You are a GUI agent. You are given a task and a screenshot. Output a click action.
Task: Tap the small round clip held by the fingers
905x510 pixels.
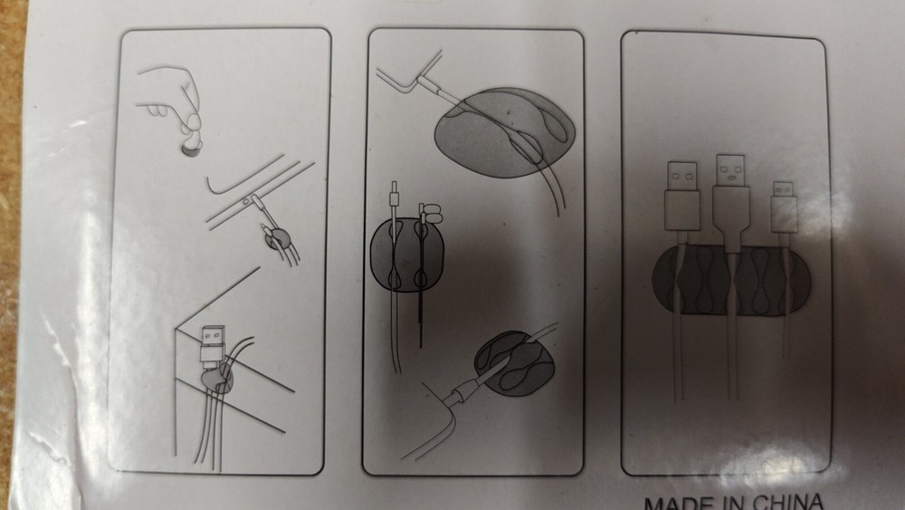[190, 149]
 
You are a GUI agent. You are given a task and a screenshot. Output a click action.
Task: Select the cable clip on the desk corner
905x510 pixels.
[217, 380]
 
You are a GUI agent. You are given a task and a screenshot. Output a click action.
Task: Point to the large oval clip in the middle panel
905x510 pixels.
[504, 133]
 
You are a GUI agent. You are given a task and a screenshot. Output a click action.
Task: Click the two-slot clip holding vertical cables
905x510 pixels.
[406, 255]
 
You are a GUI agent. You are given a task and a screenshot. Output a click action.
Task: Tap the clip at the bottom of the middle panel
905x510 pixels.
[514, 362]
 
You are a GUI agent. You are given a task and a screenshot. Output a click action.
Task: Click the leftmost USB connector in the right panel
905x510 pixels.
[681, 196]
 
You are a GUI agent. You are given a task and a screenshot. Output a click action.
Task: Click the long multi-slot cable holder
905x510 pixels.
[731, 281]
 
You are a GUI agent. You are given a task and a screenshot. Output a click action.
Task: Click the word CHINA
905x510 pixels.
[788, 501]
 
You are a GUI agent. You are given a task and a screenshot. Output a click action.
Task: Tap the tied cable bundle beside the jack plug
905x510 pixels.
[429, 213]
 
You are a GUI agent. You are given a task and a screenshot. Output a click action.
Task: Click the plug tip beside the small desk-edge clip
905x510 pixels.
[256, 203]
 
